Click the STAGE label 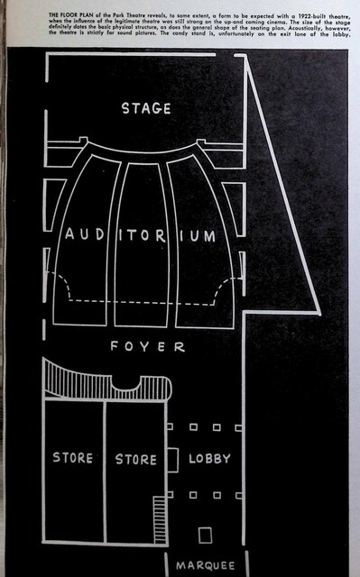146,109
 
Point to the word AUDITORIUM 141,235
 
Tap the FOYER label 147,347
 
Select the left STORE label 73,458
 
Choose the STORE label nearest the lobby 136,459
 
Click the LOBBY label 209,458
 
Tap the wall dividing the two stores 105,469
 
